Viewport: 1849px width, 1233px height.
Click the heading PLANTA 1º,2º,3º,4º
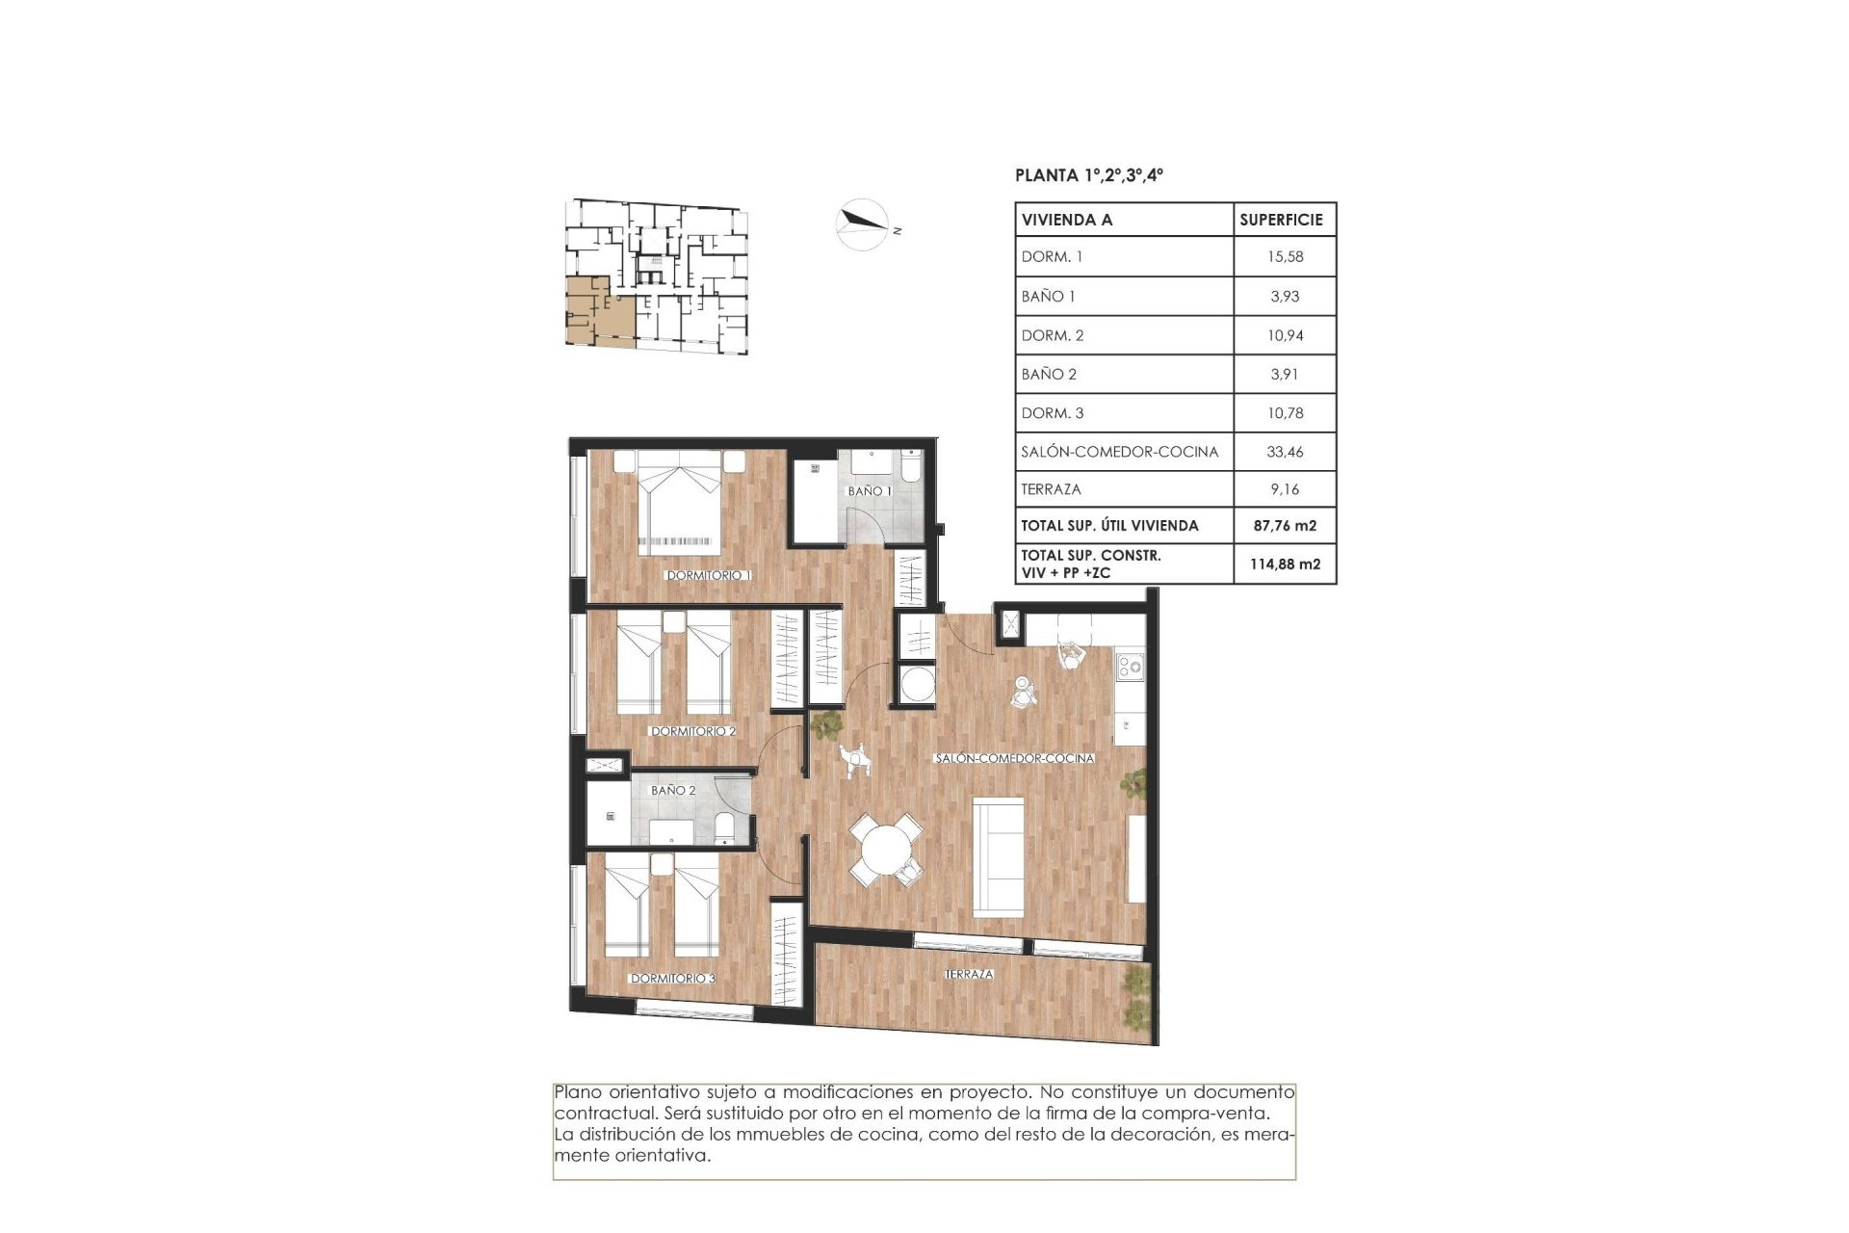pos(1089,175)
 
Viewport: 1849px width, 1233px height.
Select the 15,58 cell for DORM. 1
pos(1285,257)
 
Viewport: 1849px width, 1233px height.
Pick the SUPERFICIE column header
pos(1281,220)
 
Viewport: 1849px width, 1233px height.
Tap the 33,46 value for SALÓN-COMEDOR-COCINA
pos(1285,452)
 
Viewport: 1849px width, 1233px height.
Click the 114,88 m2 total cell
pos(1285,564)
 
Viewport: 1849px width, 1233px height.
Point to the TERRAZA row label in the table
pos(1051,489)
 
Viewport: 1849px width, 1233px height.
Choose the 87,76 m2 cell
pos(1285,526)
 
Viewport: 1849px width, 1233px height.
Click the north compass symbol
pos(862,224)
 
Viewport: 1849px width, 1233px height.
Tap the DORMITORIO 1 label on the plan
pos(709,575)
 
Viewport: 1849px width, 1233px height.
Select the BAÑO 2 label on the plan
pos(673,790)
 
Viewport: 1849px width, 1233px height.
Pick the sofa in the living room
pos(999,856)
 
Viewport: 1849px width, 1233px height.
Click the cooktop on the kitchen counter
pos(1130,666)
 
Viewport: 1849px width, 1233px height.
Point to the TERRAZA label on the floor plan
pos(969,975)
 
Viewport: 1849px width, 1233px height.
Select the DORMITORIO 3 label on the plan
pos(673,979)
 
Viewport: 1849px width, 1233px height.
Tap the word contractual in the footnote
pos(601,1114)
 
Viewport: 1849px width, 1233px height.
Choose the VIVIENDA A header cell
pos(1067,220)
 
